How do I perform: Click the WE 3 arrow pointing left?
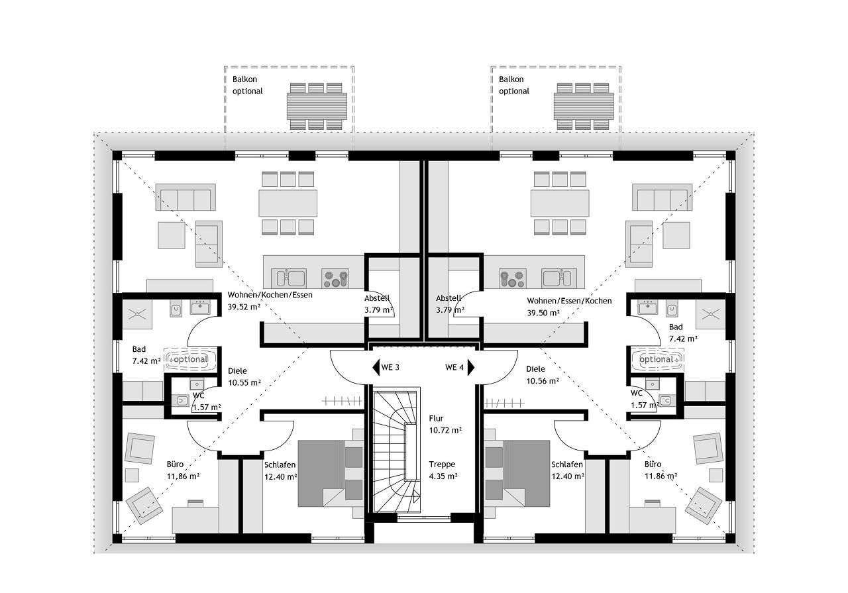click(x=376, y=367)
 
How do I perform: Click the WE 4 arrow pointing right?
click(x=471, y=367)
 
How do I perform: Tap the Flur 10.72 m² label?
click(x=445, y=424)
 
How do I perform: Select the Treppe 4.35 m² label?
click(x=443, y=470)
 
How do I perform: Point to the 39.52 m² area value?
click(x=244, y=307)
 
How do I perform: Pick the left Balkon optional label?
click(x=248, y=85)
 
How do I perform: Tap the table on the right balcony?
click(x=584, y=106)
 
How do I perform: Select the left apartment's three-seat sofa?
click(x=185, y=197)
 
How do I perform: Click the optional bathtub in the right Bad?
click(x=658, y=359)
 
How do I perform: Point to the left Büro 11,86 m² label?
click(x=184, y=470)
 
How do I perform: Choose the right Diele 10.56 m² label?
click(x=543, y=375)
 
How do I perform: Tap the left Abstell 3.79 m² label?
click(x=378, y=303)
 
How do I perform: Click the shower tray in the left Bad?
click(x=137, y=314)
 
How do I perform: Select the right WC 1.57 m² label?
click(x=645, y=399)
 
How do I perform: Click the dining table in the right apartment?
click(x=560, y=203)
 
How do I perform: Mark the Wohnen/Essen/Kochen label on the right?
click(x=569, y=301)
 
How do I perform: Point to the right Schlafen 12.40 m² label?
click(x=568, y=470)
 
